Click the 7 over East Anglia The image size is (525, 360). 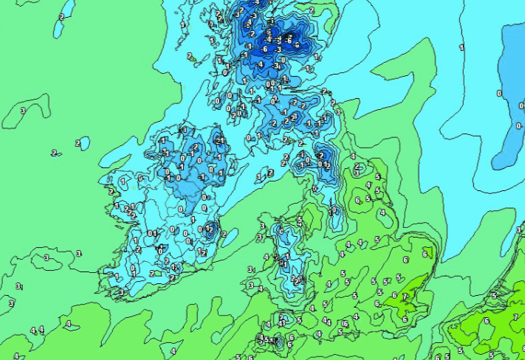[x=404, y=297]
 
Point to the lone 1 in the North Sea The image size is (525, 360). [x=462, y=47]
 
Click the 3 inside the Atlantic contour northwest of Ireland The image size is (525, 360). [x=23, y=111]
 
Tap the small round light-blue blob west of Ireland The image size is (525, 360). [x=83, y=142]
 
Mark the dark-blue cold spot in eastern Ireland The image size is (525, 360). [x=210, y=229]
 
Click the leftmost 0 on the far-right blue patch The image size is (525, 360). [x=499, y=93]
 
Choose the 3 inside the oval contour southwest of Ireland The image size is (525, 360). [x=46, y=257]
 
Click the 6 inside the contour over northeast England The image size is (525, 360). [x=358, y=200]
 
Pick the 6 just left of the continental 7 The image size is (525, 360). [x=486, y=321]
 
